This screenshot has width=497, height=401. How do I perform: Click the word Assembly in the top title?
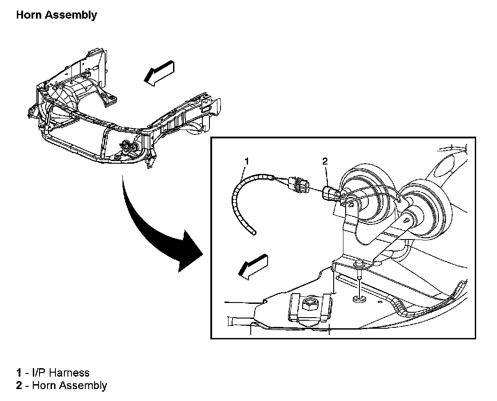(74, 15)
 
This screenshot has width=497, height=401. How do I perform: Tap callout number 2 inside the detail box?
(325, 162)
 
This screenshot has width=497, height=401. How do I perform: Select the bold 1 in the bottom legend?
(19, 373)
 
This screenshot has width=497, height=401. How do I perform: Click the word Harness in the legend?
(70, 373)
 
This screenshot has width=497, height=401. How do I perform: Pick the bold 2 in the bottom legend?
(19, 385)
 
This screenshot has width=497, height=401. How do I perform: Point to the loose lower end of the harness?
(253, 232)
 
